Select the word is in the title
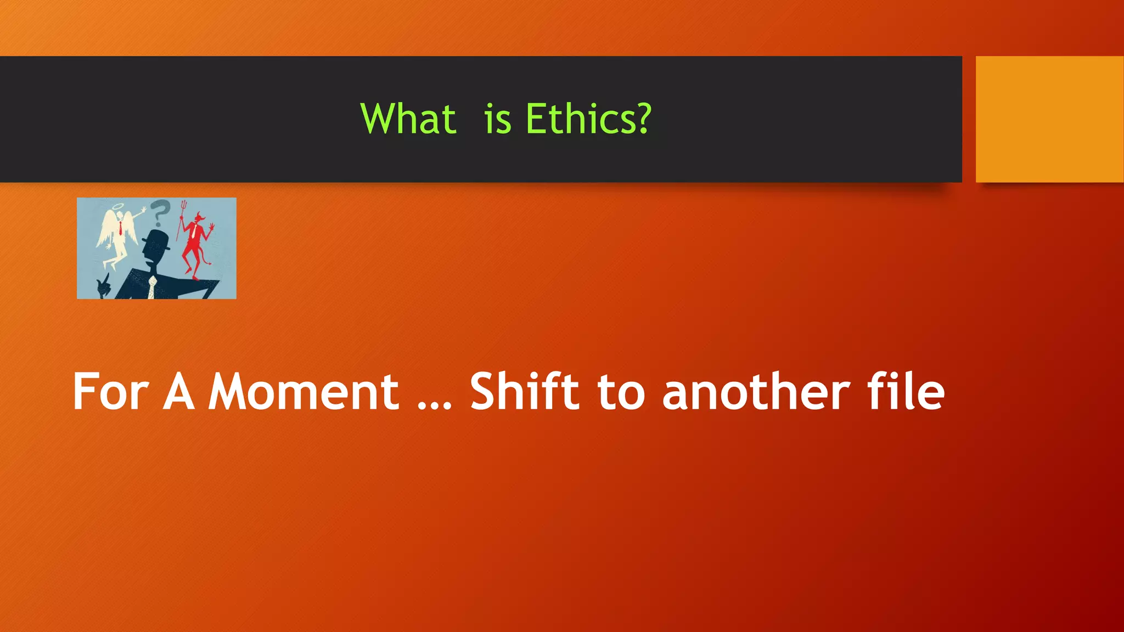[x=498, y=120]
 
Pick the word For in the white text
[x=110, y=392]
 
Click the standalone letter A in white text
[x=179, y=392]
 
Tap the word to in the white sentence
[x=621, y=393]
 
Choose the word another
[x=756, y=392]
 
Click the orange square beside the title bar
[x=1049, y=119]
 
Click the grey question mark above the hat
[x=160, y=212]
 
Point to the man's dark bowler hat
[x=156, y=240]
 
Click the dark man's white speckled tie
[x=152, y=287]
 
